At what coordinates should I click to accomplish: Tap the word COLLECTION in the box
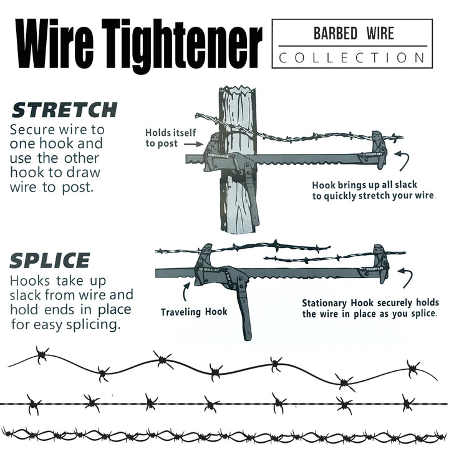352,57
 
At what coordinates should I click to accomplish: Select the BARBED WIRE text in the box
353,33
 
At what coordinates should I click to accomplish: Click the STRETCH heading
65,110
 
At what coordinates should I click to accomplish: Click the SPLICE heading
51,260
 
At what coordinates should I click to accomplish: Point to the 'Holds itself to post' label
170,138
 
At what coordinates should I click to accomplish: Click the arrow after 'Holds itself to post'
193,144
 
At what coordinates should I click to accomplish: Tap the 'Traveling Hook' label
194,312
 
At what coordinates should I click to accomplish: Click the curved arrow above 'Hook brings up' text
406,162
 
